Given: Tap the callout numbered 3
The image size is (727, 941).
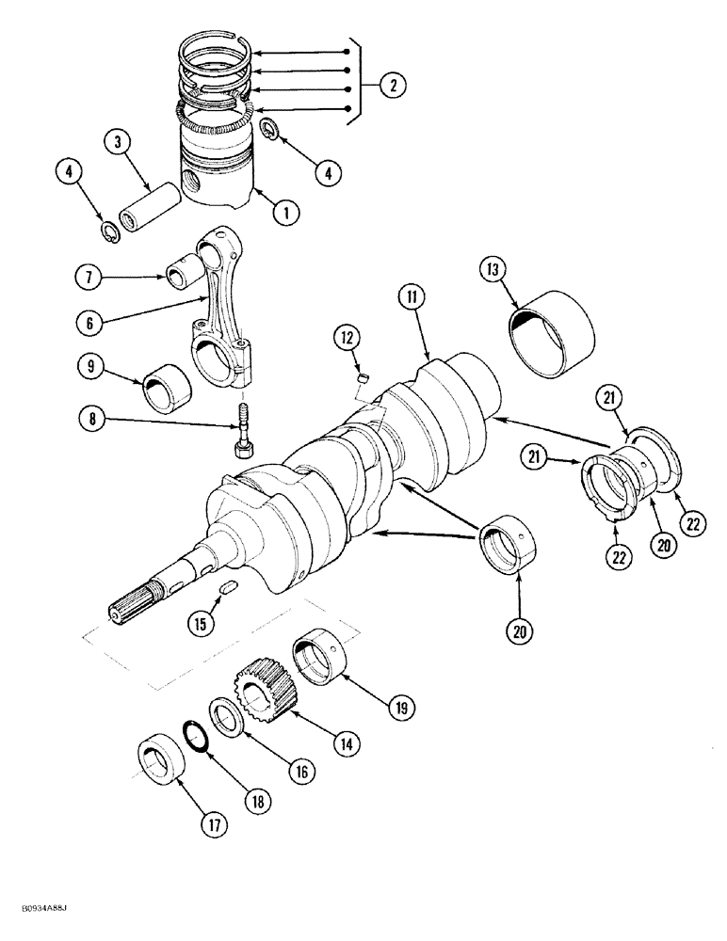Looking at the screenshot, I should click(117, 142).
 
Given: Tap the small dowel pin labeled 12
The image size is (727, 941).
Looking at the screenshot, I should click(359, 379).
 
